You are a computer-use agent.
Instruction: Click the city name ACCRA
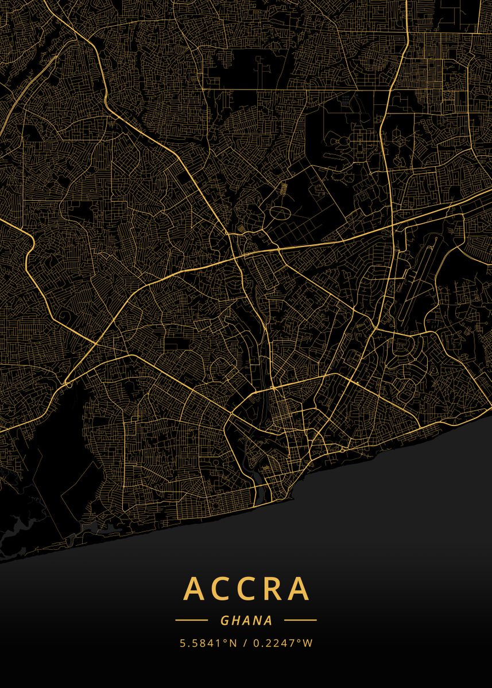pyautogui.click(x=246, y=588)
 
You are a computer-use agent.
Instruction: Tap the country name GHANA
pyautogui.click(x=246, y=620)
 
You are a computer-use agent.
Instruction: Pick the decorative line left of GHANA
pyautogui.click(x=191, y=620)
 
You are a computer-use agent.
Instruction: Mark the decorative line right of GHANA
pyautogui.click(x=300, y=620)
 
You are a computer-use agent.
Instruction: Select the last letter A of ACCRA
pyautogui.click(x=299, y=588)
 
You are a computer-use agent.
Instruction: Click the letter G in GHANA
pyautogui.click(x=224, y=620)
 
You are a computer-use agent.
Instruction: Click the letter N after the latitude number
pyautogui.click(x=233, y=643)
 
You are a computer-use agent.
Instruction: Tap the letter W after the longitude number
pyautogui.click(x=308, y=643)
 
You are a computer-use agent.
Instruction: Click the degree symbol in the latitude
pyautogui.click(x=225, y=640)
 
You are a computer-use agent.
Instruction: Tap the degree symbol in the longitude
pyautogui.click(x=300, y=640)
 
